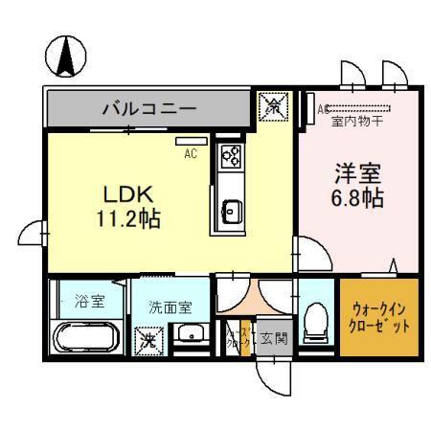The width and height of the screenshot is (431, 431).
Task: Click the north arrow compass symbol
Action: (x=66, y=57)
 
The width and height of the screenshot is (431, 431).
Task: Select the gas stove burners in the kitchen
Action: (x=231, y=156)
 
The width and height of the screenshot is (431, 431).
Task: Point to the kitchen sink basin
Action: (x=231, y=209)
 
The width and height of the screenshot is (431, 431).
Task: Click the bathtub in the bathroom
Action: (x=82, y=339)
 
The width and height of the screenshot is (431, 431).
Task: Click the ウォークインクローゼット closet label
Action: (x=381, y=318)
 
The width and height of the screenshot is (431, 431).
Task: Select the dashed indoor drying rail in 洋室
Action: (x=362, y=110)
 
